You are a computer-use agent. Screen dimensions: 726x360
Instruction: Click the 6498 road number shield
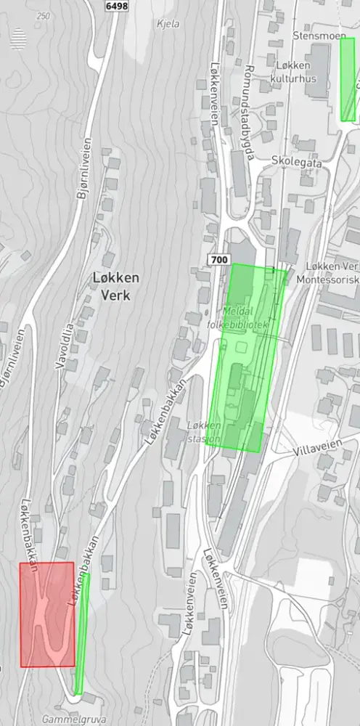[115, 5]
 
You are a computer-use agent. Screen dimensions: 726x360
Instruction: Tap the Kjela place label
[168, 23]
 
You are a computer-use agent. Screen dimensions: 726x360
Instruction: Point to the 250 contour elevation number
[44, 16]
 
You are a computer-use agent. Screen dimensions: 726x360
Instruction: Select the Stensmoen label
[316, 34]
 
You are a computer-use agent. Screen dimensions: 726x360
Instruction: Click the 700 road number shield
[218, 260]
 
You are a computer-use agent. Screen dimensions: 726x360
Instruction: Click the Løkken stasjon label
[203, 432]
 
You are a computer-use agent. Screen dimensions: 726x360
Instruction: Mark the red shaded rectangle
[47, 614]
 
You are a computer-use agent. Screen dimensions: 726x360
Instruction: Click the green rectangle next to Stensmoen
[348, 79]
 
